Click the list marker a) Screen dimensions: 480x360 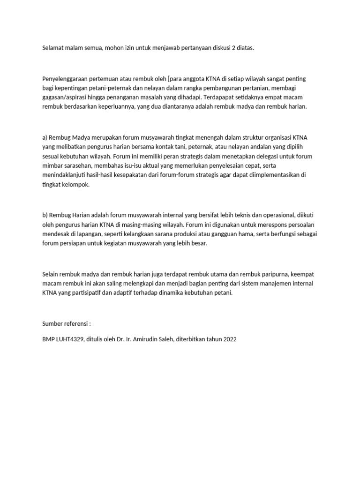pyautogui.click(x=45, y=137)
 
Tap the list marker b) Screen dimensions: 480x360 pyautogui.click(x=45, y=215)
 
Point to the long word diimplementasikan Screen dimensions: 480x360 pyautogui.click(x=276, y=175)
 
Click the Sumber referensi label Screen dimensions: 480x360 pyautogui.click(x=66, y=323)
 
